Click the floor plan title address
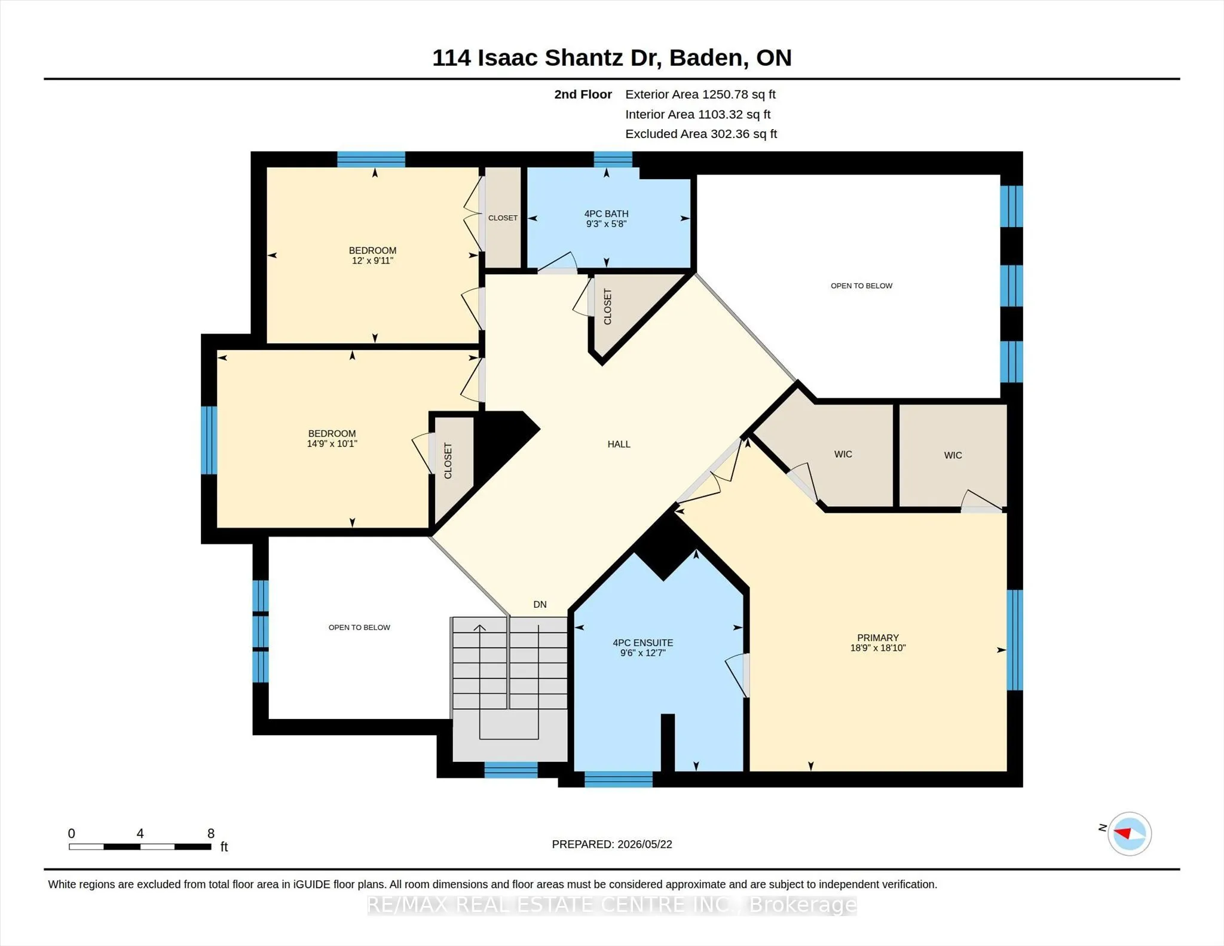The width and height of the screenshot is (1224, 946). point(612,58)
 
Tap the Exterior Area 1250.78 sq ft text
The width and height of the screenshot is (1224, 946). point(700,94)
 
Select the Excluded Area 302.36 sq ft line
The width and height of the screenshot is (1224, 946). point(701,134)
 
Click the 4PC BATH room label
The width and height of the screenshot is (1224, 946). point(606,213)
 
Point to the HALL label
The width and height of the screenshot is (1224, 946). point(619,444)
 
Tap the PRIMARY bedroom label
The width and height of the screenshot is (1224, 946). point(877,638)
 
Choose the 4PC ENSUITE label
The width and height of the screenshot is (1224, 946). point(642,643)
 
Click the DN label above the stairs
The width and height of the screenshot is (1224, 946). point(540,604)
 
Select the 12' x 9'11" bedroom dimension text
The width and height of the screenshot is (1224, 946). point(372,261)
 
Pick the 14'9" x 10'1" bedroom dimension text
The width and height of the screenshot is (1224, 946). point(332,443)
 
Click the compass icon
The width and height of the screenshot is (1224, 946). point(1129,834)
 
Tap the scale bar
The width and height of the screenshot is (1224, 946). point(140,846)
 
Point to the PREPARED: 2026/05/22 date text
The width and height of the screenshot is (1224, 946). point(612,844)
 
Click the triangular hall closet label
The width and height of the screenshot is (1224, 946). point(608,307)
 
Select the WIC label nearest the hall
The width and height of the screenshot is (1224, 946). point(843,454)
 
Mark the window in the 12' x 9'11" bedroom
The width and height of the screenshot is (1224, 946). point(371,159)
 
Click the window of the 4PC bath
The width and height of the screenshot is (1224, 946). point(613,159)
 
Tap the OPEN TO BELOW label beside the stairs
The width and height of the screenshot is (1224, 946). point(359,627)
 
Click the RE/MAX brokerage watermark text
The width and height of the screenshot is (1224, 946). point(612,905)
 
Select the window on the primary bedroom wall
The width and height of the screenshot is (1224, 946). point(1015,640)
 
